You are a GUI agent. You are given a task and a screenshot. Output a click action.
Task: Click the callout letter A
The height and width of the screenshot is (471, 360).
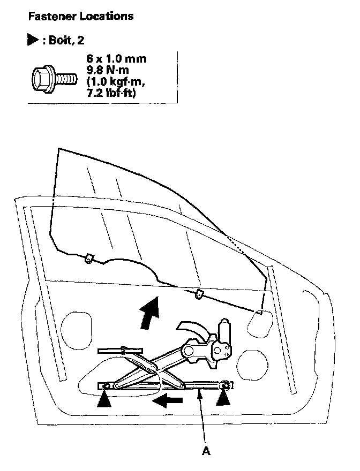pos(206,450)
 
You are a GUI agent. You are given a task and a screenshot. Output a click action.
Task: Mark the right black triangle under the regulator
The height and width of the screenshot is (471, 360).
pos(224,399)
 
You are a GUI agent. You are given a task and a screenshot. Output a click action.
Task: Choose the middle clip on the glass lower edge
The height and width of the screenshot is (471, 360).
pos(199,293)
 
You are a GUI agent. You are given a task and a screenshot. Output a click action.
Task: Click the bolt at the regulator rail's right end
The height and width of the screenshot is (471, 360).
pos(226,385)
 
